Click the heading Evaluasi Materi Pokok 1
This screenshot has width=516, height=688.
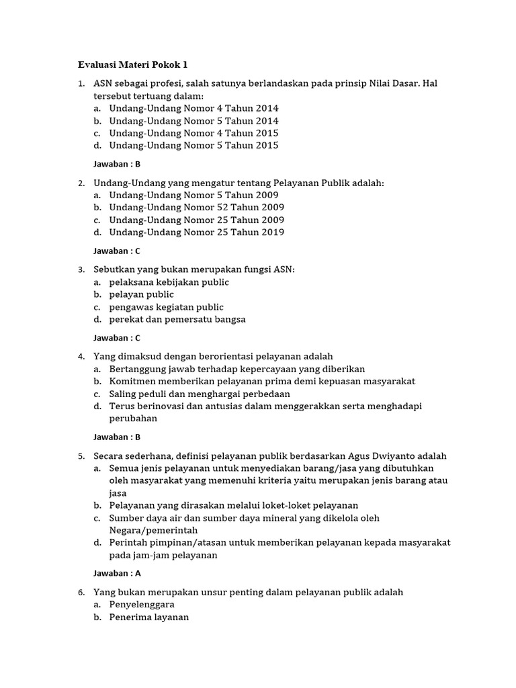(132, 64)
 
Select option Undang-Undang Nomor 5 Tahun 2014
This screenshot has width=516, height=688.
(193, 121)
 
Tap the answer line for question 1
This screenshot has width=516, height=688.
(117, 164)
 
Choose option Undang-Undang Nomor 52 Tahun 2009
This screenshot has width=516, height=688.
(196, 208)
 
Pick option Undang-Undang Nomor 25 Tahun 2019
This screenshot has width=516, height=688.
(196, 232)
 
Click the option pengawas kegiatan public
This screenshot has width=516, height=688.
(166, 307)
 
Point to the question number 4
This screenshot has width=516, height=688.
(81, 357)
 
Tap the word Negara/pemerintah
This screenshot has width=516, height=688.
(153, 531)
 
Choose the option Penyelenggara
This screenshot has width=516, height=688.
(142, 605)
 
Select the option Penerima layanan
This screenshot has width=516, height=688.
(149, 617)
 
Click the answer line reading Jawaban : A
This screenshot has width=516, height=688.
(117, 574)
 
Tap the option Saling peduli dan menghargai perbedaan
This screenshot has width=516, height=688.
(200, 394)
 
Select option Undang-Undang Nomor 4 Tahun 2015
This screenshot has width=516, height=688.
(193, 133)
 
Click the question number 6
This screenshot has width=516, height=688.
(81, 593)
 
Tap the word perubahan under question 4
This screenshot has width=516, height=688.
(133, 419)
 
